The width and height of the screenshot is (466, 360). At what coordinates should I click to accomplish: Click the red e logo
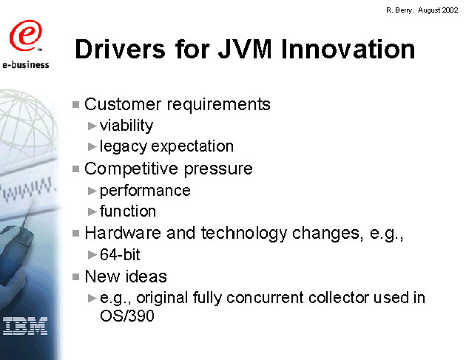pyautogui.click(x=25, y=35)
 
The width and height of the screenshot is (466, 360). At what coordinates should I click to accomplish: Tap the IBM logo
pyautogui.click(x=25, y=326)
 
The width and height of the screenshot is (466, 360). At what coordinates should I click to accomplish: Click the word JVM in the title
pyautogui.click(x=245, y=49)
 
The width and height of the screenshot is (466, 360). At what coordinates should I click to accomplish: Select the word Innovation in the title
pyautogui.click(x=348, y=49)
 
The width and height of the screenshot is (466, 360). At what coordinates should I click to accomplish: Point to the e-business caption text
pyautogui.click(x=26, y=64)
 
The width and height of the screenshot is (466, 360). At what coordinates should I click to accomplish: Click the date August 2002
pyautogui.click(x=438, y=10)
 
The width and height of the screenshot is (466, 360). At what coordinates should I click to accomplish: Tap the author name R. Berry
pyautogui.click(x=399, y=10)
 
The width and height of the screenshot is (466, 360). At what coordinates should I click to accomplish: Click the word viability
pyautogui.click(x=126, y=126)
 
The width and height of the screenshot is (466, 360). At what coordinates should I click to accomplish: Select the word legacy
pyautogui.click(x=124, y=146)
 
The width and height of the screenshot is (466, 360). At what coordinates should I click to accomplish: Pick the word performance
pyautogui.click(x=145, y=191)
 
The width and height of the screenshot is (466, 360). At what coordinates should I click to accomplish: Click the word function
pyautogui.click(x=128, y=211)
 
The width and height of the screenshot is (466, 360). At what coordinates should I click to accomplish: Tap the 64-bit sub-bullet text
pyautogui.click(x=120, y=254)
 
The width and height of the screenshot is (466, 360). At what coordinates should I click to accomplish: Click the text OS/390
pyautogui.click(x=127, y=316)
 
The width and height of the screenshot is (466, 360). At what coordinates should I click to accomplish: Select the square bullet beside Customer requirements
pyautogui.click(x=75, y=104)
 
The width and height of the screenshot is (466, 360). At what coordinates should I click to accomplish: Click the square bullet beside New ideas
pyautogui.click(x=75, y=276)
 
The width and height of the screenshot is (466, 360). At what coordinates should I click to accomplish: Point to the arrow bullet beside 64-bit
pyautogui.click(x=92, y=255)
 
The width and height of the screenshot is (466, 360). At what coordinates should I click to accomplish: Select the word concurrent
pyautogui.click(x=266, y=298)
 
